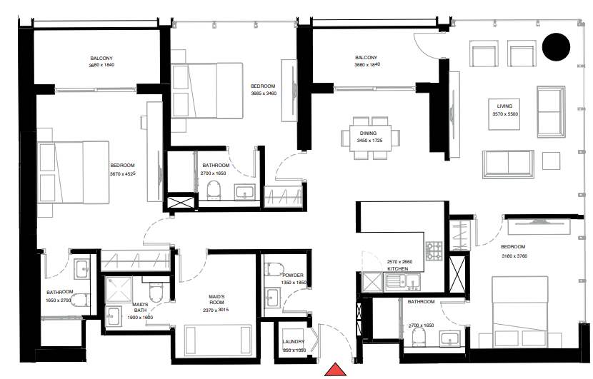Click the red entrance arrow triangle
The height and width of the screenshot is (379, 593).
335,370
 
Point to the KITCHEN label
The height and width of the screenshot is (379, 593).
397,269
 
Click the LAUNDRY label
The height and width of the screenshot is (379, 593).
293,342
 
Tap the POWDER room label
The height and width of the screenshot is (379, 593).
293,275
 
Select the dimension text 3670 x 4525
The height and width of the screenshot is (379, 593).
122,173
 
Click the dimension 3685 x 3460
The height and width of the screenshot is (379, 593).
263,94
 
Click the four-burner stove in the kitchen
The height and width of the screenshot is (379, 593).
434,251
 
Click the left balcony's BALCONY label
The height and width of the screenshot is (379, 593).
101,58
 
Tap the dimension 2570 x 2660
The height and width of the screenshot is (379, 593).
399,262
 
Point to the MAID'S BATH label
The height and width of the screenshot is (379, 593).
140,308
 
